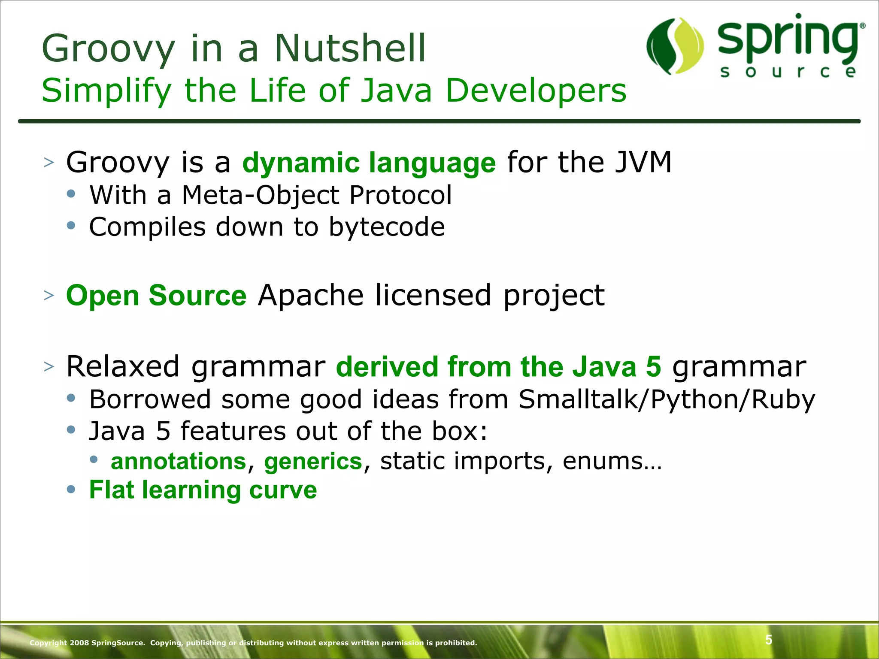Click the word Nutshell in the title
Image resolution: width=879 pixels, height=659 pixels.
[x=350, y=48]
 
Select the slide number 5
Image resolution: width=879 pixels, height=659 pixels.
[x=769, y=640]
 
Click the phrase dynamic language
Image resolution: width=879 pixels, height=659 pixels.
[x=369, y=163]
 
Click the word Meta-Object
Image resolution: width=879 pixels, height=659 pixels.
[x=261, y=195]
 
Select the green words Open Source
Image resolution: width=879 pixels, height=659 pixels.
[x=156, y=296]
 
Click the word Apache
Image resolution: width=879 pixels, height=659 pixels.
[x=310, y=296]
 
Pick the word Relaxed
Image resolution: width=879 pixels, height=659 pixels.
[x=123, y=367]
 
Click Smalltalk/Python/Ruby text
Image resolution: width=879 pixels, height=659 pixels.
[x=667, y=399]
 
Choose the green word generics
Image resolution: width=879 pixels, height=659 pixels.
[x=313, y=462]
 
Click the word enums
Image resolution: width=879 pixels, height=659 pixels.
[x=612, y=462]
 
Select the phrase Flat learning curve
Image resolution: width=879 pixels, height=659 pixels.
[x=203, y=490]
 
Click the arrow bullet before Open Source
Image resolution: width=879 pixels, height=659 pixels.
[x=49, y=296]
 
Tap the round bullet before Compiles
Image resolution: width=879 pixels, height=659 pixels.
[x=71, y=226]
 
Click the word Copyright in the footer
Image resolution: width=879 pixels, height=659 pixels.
[x=48, y=643]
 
